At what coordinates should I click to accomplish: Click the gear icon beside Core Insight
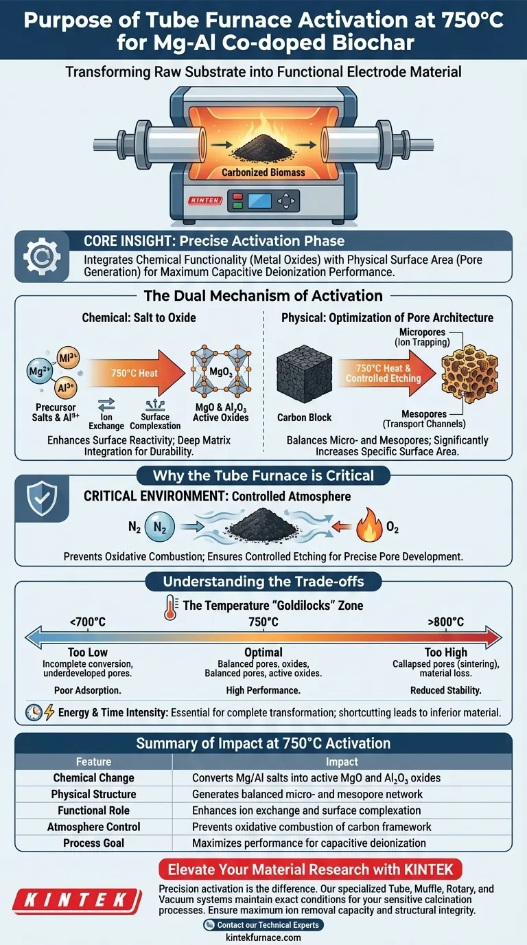click(42, 256)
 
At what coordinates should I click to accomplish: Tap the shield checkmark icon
click(42, 499)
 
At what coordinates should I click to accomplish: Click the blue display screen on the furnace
click(259, 201)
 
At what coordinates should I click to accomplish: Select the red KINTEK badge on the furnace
click(205, 201)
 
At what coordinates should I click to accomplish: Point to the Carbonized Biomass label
click(263, 172)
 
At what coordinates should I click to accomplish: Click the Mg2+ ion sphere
click(40, 372)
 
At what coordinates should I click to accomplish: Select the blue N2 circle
click(159, 527)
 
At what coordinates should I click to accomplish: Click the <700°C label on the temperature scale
click(88, 622)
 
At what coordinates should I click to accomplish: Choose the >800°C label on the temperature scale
click(445, 622)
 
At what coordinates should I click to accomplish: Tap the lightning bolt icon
click(49, 712)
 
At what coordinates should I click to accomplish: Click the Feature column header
click(93, 762)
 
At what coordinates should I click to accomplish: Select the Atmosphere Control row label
click(93, 826)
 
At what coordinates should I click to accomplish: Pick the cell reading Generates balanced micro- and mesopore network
click(307, 794)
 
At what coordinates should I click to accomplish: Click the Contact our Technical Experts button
click(263, 925)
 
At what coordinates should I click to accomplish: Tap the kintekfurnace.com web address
click(263, 937)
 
